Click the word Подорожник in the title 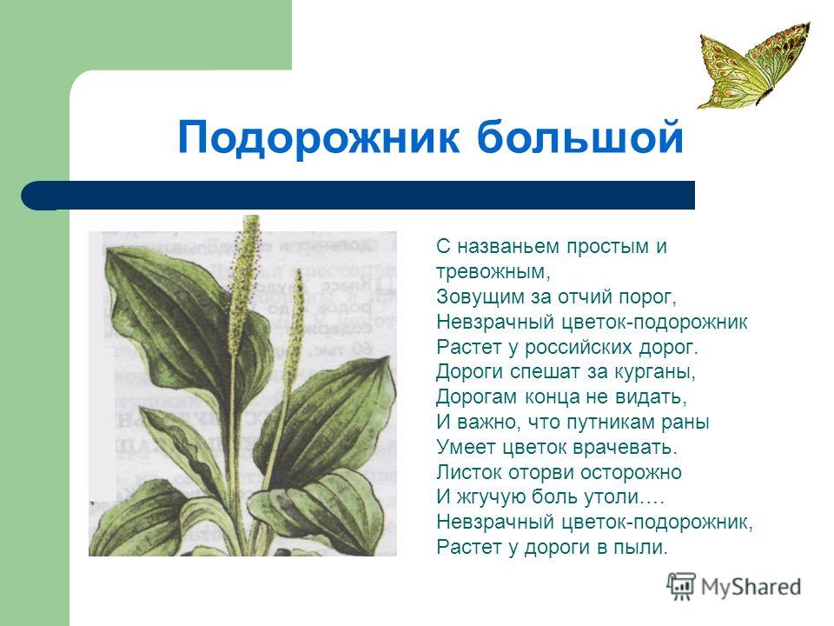pos(318,137)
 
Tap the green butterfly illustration pos(755,65)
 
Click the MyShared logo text pos(751,587)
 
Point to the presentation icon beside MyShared pos(681,587)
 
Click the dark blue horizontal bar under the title pos(358,196)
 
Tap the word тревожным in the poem pos(493,272)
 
